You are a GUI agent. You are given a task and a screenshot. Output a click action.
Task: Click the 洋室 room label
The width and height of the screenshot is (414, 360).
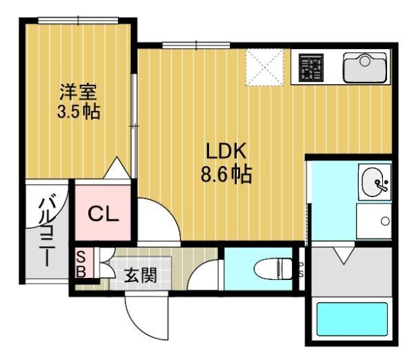tap(77, 91)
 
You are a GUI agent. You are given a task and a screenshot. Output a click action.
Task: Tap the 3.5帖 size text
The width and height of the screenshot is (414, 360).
tap(78, 111)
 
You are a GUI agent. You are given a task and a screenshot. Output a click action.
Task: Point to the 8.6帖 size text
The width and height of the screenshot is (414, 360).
tap(226, 174)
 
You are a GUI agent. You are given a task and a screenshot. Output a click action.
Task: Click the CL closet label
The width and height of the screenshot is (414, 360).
tap(103, 214)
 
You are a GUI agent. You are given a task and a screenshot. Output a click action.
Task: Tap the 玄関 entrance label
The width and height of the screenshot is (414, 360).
tap(139, 276)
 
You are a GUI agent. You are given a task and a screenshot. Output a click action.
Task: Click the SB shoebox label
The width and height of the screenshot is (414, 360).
tap(81, 263)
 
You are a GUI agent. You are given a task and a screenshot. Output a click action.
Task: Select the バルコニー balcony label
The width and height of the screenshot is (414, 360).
tap(47, 232)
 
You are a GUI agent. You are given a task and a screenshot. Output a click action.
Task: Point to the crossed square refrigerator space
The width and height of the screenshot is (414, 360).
tap(264, 67)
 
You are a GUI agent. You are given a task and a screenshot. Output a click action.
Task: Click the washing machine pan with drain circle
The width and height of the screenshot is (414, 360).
tap(374, 221)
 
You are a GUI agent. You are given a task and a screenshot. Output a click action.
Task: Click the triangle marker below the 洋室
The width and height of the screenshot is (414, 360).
tap(119, 166)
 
